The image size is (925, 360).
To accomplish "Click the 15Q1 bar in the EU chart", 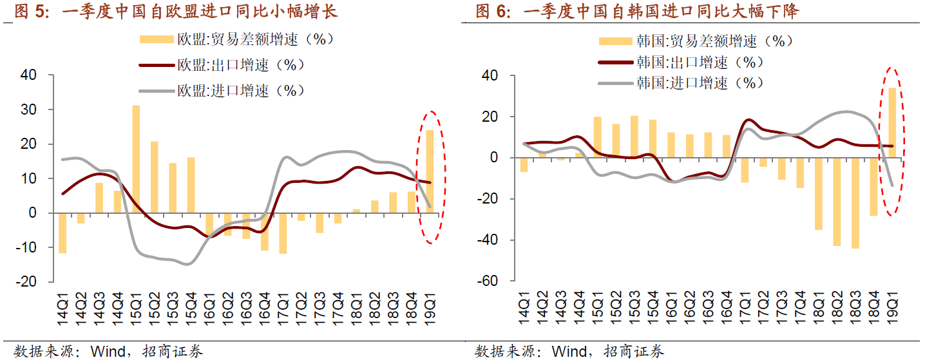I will (136, 158).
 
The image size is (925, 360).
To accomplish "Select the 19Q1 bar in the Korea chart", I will (892, 122).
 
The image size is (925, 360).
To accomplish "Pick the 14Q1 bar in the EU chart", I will (62, 232).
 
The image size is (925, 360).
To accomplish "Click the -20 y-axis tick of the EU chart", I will (29, 281).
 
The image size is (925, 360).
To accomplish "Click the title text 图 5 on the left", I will (32, 12).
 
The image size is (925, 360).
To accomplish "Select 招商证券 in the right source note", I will (634, 351).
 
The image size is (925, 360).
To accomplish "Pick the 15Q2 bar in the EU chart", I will (155, 176).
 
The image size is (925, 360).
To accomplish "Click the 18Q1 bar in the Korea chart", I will (818, 194).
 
